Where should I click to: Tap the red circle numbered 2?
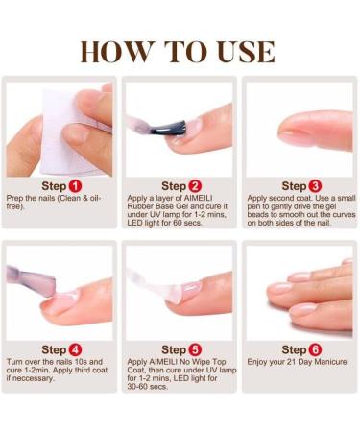[195, 185]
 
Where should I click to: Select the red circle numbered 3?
[315, 185]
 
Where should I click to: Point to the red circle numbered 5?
[195, 349]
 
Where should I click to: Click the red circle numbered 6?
[315, 349]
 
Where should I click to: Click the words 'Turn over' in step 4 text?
[24, 362]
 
